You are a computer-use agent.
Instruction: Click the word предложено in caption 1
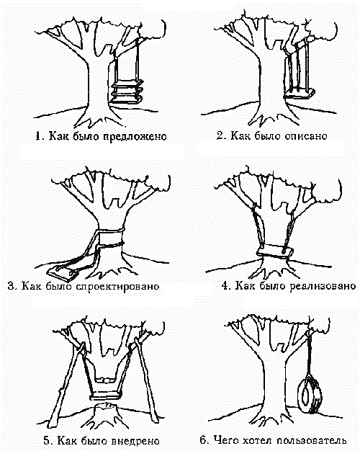pyautogui.click(x=135, y=136)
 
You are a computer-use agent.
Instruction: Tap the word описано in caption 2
pyautogui.click(x=306, y=135)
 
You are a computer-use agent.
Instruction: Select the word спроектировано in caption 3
pyautogui.click(x=118, y=287)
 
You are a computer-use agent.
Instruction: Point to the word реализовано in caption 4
pyautogui.click(x=323, y=287)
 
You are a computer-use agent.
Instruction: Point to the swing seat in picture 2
pyautogui.click(x=299, y=94)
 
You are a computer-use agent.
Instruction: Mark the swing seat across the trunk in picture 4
pyautogui.click(x=275, y=251)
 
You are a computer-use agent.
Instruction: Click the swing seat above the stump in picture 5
pyautogui.click(x=105, y=396)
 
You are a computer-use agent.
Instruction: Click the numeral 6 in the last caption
pyautogui.click(x=203, y=440)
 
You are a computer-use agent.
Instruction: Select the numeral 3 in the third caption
pyautogui.click(x=11, y=286)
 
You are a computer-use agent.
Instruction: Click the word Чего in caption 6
pyautogui.click(x=225, y=440)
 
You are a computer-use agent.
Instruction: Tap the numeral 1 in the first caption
pyautogui.click(x=38, y=135)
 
